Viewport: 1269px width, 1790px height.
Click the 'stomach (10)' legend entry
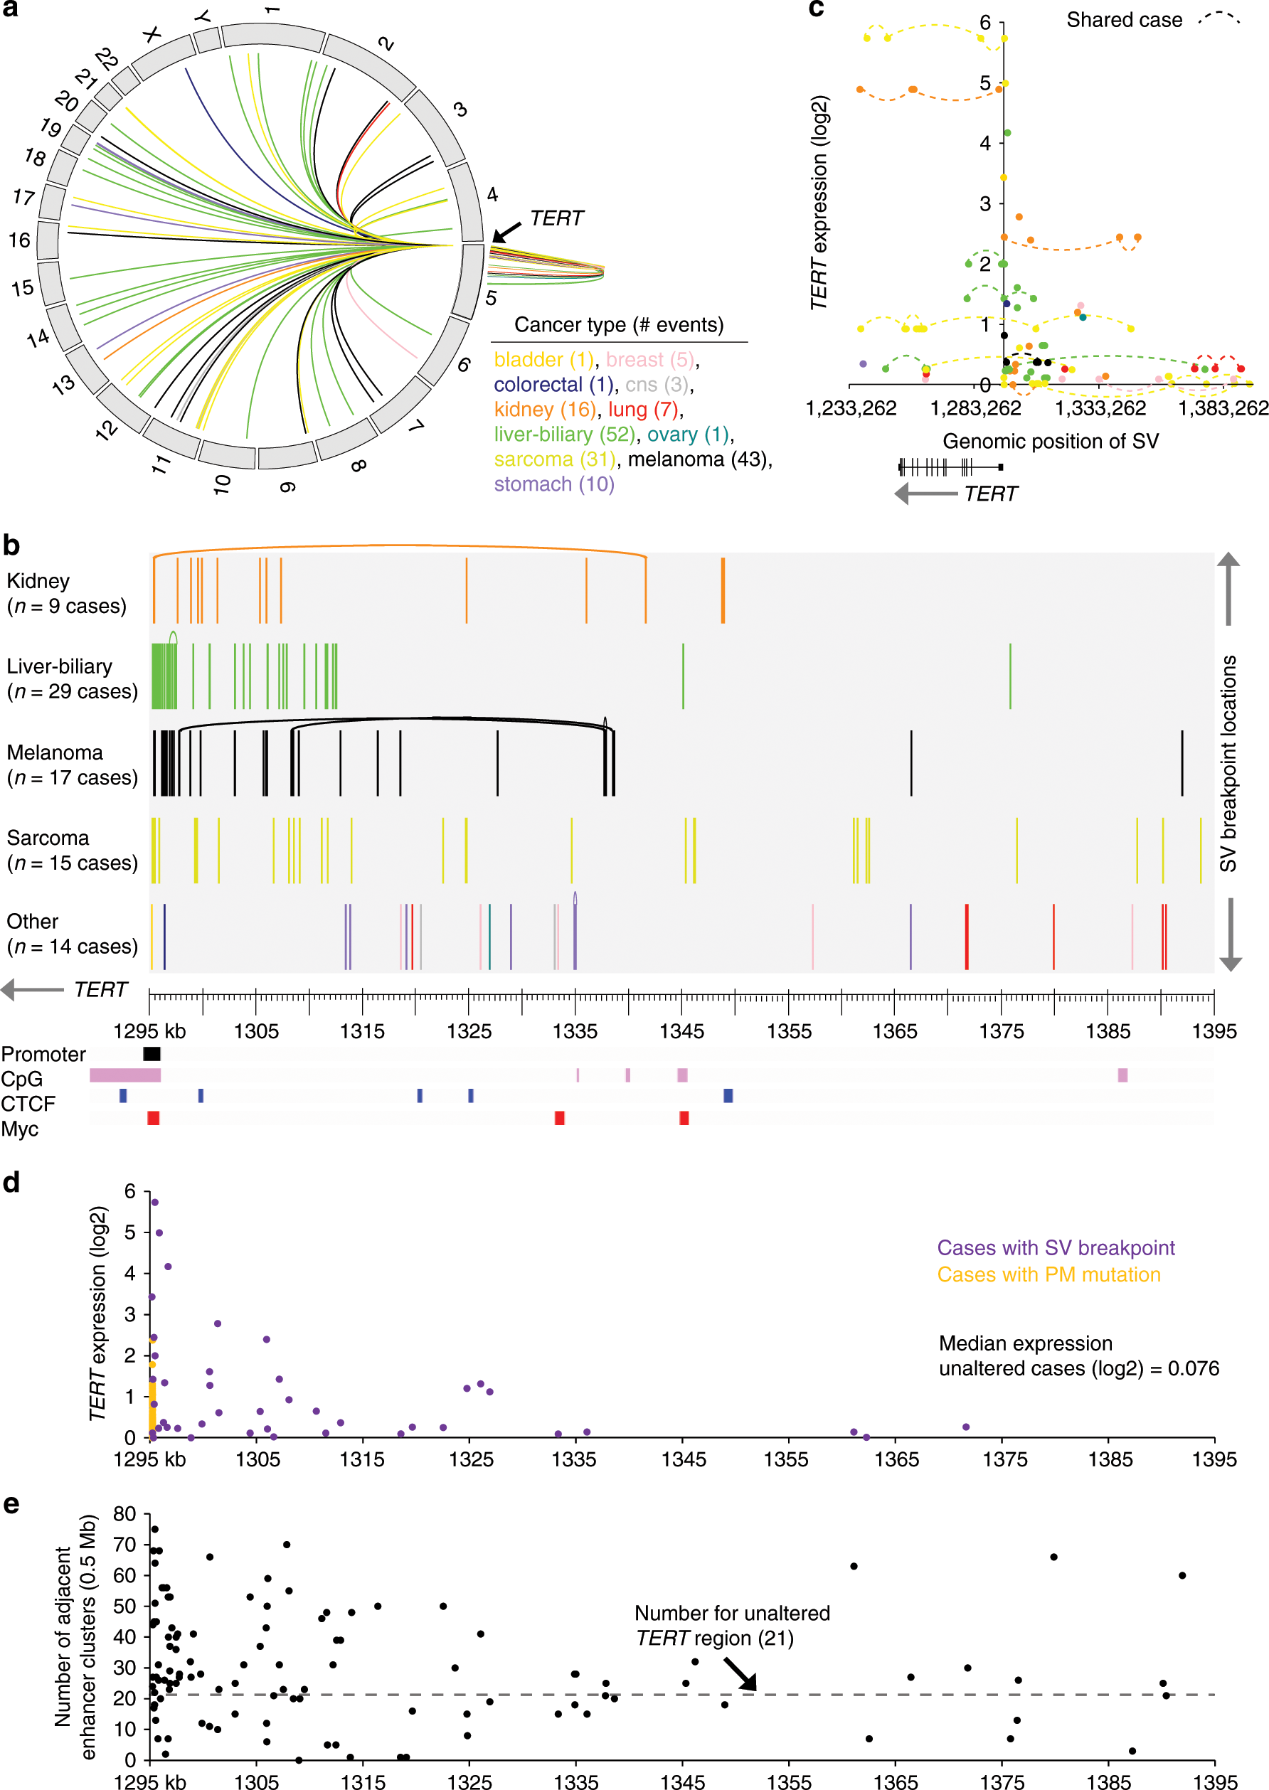553,484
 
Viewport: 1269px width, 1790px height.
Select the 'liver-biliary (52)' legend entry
564,435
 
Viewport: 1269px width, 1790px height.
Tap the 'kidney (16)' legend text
545,410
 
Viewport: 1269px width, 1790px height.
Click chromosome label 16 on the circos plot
19,240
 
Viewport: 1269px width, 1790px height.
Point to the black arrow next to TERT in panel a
506,231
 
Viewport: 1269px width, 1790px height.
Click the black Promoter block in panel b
152,1053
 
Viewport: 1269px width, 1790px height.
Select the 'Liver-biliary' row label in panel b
59,666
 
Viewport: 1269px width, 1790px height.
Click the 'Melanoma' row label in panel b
55,752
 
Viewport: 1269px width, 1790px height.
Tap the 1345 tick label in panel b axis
681,1031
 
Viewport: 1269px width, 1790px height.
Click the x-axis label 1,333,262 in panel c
1100,407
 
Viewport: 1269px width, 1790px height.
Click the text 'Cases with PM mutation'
1048,1274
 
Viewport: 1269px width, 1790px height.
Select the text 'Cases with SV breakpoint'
1056,1248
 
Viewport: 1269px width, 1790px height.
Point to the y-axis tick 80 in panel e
124,1513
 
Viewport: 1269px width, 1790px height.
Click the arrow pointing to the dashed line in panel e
738,1674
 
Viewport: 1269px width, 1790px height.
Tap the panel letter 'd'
11,1183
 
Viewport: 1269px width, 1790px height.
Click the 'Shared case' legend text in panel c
1124,21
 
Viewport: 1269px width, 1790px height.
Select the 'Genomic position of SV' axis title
1050,442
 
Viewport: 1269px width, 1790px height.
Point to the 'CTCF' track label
28,1104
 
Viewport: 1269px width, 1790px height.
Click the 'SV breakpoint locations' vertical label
1228,763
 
